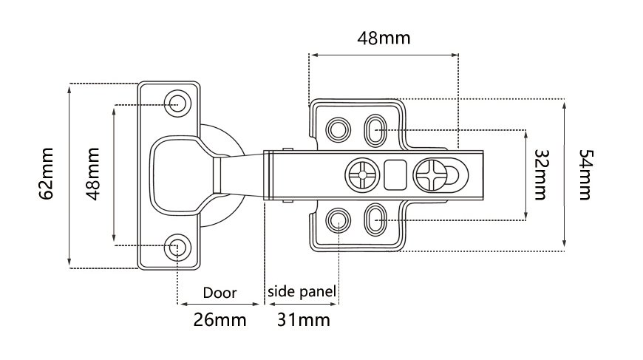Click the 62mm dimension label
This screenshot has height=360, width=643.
[47, 174]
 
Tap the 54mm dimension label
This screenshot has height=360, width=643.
[585, 174]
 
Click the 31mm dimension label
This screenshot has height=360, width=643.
[303, 320]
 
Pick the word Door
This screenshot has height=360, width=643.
[220, 293]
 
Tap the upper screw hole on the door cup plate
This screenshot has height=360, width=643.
[177, 102]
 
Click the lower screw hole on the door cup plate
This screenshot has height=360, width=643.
[177, 246]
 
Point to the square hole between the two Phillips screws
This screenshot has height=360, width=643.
[395, 175]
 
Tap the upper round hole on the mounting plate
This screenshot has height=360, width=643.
[339, 129]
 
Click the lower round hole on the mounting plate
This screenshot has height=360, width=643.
[339, 219]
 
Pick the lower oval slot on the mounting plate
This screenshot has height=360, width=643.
[375, 220]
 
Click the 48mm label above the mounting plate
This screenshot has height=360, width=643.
[384, 38]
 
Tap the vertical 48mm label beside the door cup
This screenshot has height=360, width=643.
[93, 174]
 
